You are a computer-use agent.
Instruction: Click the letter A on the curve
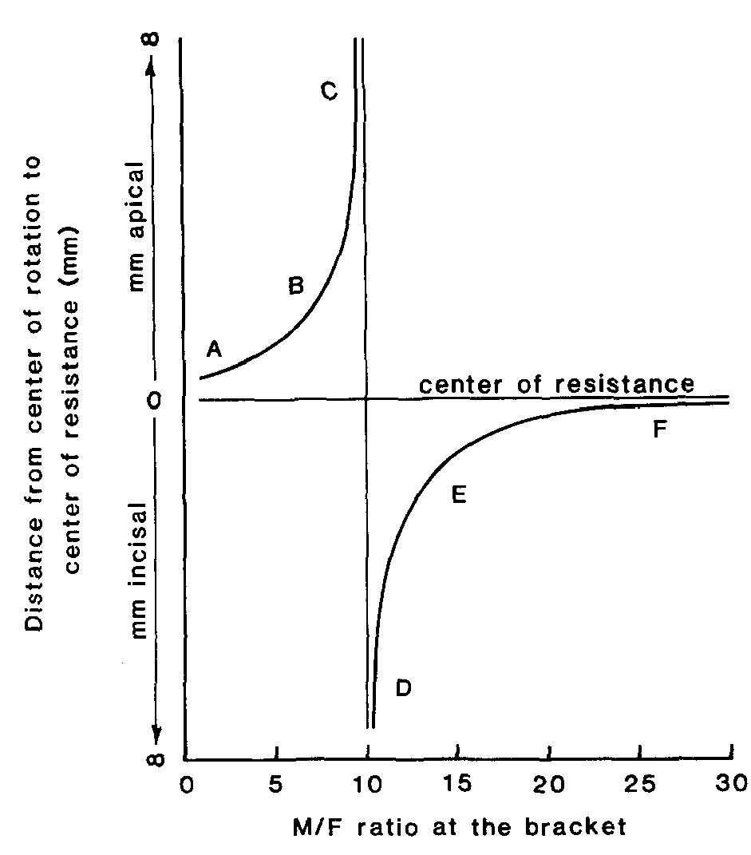pyautogui.click(x=214, y=348)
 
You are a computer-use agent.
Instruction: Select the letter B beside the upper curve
pyautogui.click(x=296, y=285)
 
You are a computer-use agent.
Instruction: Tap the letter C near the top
pyautogui.click(x=329, y=90)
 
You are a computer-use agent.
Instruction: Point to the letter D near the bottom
pyautogui.click(x=403, y=688)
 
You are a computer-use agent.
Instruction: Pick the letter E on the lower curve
pyautogui.click(x=459, y=495)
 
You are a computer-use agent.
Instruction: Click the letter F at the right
pyautogui.click(x=660, y=429)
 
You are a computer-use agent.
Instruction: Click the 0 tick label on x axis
pyautogui.click(x=187, y=786)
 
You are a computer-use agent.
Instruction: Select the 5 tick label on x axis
pyautogui.click(x=276, y=784)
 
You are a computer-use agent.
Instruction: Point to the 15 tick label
pyautogui.click(x=457, y=783)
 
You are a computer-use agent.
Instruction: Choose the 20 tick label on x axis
pyautogui.click(x=548, y=784)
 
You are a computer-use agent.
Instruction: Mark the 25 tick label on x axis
pyautogui.click(x=640, y=783)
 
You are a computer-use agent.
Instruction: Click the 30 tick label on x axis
pyautogui.click(x=731, y=783)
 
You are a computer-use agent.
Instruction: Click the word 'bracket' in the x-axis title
pyautogui.click(x=575, y=827)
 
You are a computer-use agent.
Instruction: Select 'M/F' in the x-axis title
pyautogui.click(x=315, y=828)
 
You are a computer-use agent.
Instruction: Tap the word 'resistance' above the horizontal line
pyautogui.click(x=625, y=384)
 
